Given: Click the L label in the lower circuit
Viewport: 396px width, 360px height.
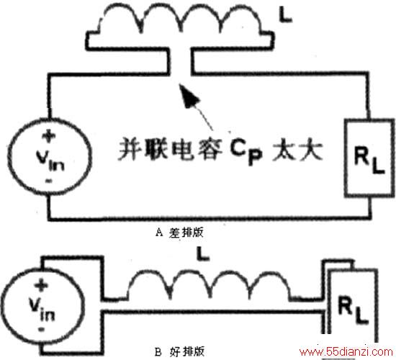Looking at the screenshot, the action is [x=203, y=253].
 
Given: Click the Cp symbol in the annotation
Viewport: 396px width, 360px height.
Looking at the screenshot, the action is [x=246, y=151].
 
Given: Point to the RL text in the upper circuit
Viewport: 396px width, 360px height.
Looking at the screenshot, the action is [x=369, y=160].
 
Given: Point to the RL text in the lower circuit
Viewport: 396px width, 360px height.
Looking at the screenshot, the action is [x=353, y=310].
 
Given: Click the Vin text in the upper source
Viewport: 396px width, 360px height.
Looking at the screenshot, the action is [x=50, y=161].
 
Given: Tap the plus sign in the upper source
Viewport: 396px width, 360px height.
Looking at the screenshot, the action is [x=49, y=136].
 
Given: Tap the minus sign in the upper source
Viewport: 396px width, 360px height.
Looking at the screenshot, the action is [x=48, y=181].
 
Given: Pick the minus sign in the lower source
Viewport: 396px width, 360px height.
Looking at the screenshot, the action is [x=41, y=329].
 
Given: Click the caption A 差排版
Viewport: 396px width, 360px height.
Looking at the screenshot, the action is [x=179, y=233].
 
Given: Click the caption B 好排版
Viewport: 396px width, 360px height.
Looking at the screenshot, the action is [x=179, y=351].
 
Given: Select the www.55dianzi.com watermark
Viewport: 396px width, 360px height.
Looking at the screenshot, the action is [x=346, y=351].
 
